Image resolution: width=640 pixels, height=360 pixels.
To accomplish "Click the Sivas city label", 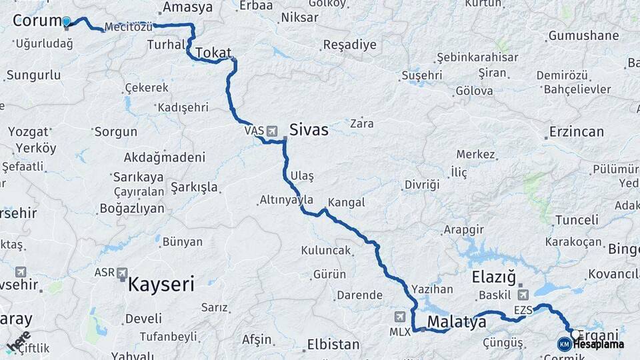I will (309, 129).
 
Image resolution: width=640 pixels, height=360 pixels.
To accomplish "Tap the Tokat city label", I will (214, 53).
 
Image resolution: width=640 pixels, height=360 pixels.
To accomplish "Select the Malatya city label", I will (457, 322).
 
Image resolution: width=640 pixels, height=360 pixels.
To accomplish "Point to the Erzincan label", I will (576, 131).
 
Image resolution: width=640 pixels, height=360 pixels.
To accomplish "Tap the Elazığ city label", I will (494, 276).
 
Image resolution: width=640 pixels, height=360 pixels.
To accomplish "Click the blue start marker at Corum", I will (66, 21).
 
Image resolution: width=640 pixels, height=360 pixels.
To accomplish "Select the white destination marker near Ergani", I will (575, 333).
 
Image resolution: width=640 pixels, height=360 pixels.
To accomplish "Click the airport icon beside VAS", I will (272, 131).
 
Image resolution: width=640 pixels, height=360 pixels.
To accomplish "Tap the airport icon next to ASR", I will (122, 273).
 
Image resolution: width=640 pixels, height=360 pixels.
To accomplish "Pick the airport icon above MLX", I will (400, 316).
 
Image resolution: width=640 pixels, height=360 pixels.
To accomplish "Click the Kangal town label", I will (346, 202).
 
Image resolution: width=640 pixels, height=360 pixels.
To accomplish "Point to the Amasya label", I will (187, 7).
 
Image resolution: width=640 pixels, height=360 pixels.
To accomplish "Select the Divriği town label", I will (422, 184).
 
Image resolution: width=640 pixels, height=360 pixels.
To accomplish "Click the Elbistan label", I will (333, 345).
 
